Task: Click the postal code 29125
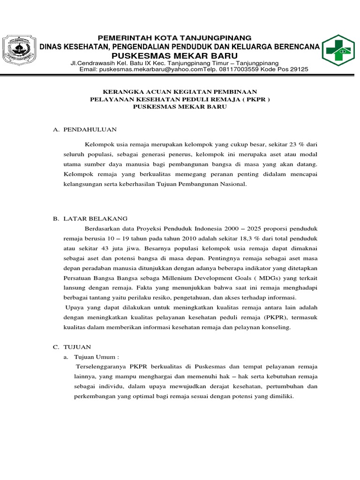(x=298, y=69)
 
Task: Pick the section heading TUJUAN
(x=78, y=347)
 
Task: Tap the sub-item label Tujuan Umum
(x=92, y=357)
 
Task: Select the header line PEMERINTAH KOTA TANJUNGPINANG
(x=174, y=37)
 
